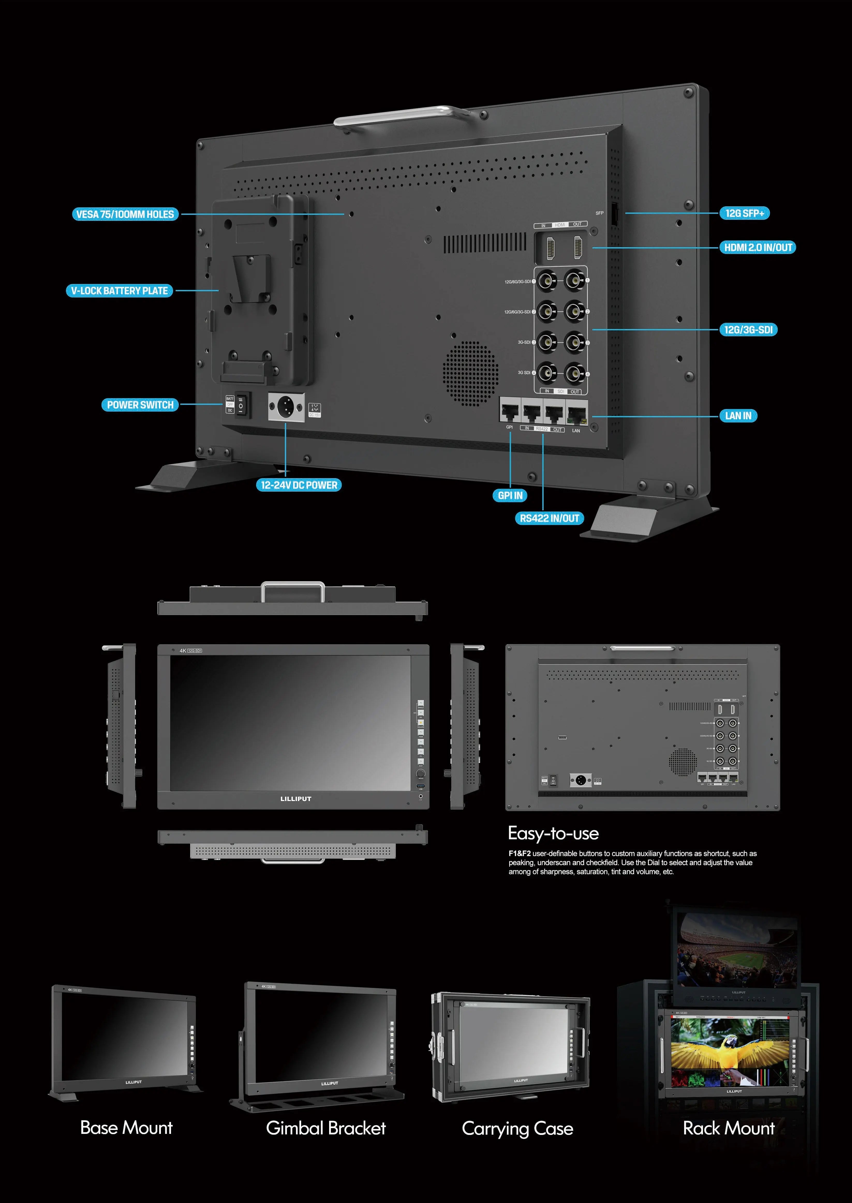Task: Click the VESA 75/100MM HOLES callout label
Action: click(x=125, y=214)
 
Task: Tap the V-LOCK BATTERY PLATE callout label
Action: click(x=120, y=291)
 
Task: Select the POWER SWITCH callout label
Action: click(x=140, y=405)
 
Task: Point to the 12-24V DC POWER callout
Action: click(x=299, y=485)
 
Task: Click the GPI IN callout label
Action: click(x=510, y=495)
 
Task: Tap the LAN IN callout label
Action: click(x=738, y=416)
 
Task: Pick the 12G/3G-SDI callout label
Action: click(x=748, y=330)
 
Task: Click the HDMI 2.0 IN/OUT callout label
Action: click(x=758, y=247)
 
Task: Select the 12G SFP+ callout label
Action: click(x=744, y=213)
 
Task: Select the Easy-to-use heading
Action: click(x=553, y=834)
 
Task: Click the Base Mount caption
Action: click(x=127, y=1127)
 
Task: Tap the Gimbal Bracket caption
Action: click(x=326, y=1128)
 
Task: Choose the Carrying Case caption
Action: click(x=517, y=1128)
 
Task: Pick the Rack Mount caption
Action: click(x=729, y=1128)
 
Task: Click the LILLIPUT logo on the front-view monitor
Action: click(x=296, y=799)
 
